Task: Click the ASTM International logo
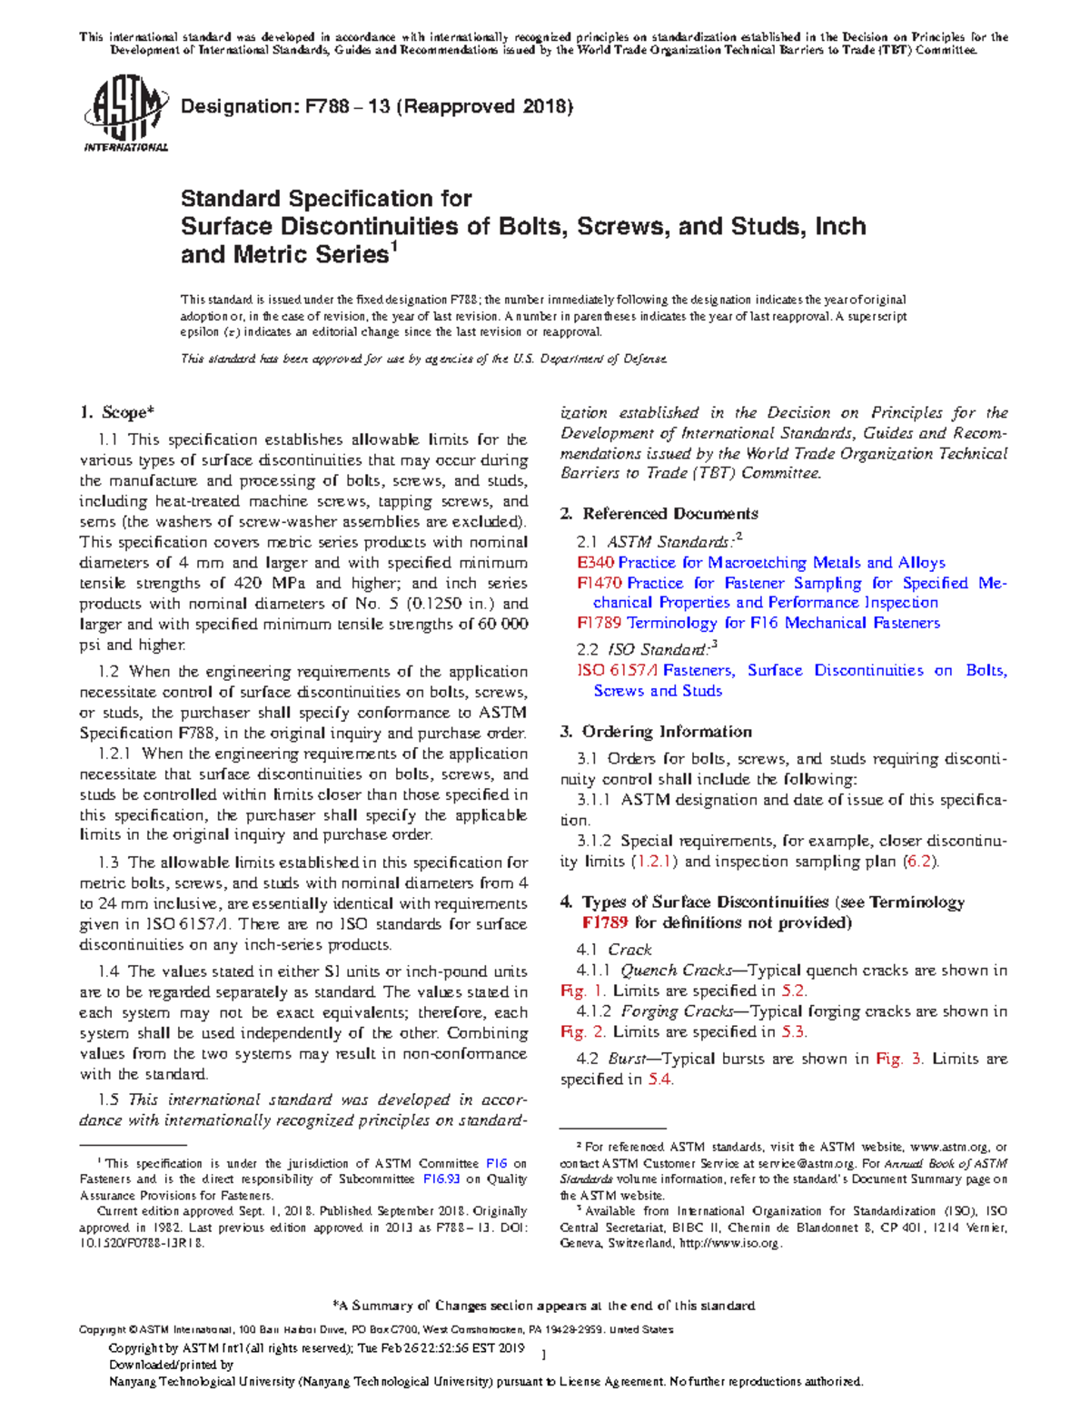click(125, 115)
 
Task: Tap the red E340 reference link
click(595, 563)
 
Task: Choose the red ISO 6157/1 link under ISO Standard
click(618, 670)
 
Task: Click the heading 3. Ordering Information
click(656, 732)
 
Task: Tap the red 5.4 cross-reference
click(659, 1080)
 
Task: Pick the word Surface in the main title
click(226, 226)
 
